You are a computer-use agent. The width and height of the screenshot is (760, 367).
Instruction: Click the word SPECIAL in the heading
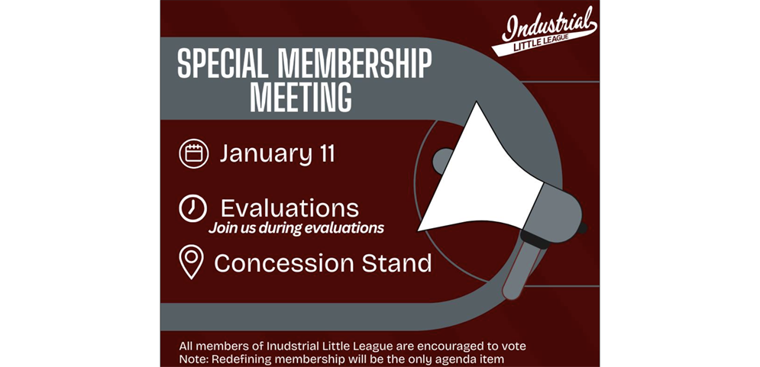point(222,64)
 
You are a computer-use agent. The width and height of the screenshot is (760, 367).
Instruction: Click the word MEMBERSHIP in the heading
point(354,64)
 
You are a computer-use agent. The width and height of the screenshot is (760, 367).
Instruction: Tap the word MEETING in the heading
point(300,98)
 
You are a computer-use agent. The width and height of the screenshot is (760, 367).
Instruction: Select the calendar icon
point(194,153)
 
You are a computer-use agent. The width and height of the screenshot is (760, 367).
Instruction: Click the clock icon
point(193,208)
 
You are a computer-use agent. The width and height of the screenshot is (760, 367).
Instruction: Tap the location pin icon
point(192,262)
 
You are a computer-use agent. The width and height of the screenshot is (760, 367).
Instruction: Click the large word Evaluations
point(289,208)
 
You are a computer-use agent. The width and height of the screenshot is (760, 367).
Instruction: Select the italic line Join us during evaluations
point(296,228)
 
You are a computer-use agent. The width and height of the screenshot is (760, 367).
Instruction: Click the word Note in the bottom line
point(192,359)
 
